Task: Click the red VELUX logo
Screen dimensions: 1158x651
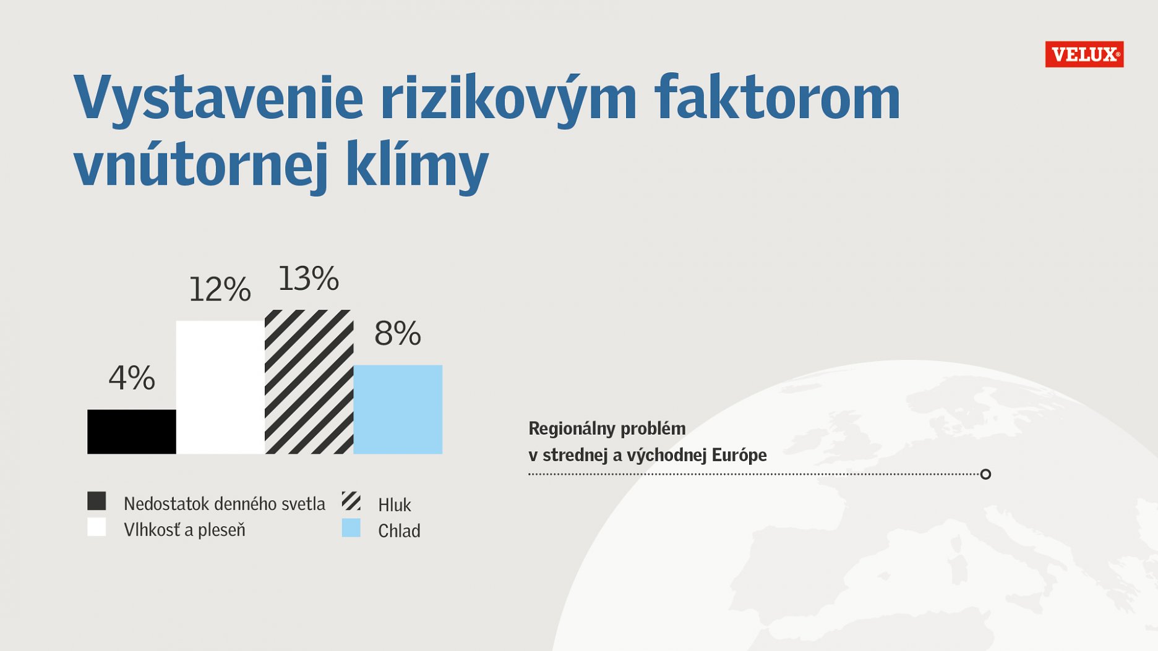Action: point(1084,54)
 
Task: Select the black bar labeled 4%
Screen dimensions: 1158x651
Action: point(132,432)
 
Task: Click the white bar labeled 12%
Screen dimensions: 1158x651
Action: point(220,387)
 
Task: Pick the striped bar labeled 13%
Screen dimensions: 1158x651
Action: point(309,381)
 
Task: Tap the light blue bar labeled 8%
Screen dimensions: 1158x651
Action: point(398,409)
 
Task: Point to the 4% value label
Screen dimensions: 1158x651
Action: point(132,378)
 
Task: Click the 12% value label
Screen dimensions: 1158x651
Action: point(220,289)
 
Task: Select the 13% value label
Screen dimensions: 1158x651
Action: point(309,278)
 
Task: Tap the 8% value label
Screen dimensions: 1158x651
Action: point(398,334)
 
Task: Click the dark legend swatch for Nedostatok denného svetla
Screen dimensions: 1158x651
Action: point(96,501)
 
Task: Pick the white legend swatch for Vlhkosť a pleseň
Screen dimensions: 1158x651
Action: point(96,527)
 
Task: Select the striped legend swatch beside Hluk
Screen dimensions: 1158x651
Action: point(351,501)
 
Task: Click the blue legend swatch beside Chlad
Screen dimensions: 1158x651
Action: point(351,527)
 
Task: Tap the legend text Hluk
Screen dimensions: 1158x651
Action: point(395,505)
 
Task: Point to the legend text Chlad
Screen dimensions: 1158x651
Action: point(399,531)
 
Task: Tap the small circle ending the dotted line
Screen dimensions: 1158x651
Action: point(986,474)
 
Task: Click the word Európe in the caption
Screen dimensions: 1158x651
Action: point(739,455)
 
